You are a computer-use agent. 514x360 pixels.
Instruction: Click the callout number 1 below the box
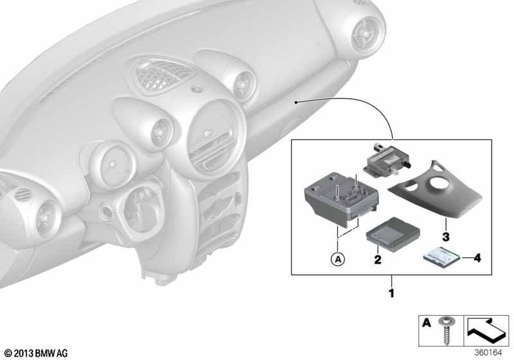tap(391, 292)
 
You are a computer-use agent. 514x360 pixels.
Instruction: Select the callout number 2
tap(378, 260)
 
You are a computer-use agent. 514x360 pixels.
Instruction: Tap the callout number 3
tap(445, 237)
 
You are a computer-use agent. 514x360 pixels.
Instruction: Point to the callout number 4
tap(477, 258)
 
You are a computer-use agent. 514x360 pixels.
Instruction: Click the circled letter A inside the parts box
tap(338, 260)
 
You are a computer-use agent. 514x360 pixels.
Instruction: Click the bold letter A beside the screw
tap(426, 323)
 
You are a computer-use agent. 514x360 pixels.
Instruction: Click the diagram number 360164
tap(488, 353)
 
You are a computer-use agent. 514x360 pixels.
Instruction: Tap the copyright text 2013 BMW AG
tap(37, 354)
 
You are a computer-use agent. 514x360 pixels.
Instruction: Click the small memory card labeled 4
tap(442, 257)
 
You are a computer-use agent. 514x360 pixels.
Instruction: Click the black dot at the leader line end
tap(296, 103)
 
